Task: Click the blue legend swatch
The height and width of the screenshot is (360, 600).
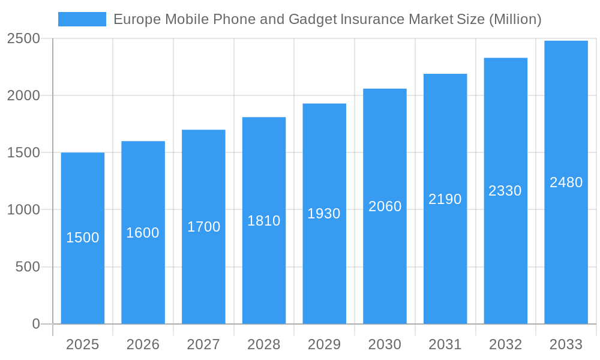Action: tap(82, 19)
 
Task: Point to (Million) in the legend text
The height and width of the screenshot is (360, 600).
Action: tap(515, 19)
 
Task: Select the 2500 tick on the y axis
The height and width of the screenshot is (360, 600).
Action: tap(23, 38)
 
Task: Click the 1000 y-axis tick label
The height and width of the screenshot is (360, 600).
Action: tap(23, 210)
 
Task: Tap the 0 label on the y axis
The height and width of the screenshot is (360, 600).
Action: tap(35, 324)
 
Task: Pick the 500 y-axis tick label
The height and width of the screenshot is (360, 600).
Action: tap(27, 267)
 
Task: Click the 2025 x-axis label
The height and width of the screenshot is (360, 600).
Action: tap(82, 344)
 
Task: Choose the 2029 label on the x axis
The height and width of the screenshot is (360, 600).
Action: tap(324, 344)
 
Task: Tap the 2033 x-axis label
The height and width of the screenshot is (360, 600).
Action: tap(566, 344)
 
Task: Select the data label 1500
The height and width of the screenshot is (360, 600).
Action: tap(82, 238)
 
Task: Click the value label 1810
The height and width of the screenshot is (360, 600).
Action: tap(264, 221)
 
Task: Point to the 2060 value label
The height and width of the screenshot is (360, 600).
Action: tap(385, 206)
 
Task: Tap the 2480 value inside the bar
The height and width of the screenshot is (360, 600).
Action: tap(566, 182)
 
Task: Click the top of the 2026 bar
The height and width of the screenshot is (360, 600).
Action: tap(143, 142)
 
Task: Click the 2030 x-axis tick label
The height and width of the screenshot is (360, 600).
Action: tap(385, 344)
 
